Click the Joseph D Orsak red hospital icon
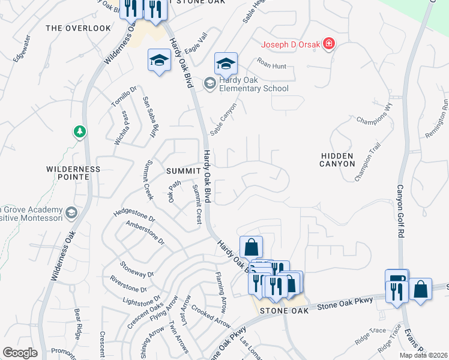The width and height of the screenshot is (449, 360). click(328, 44)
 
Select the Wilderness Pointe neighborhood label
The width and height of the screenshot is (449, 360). click(73, 173)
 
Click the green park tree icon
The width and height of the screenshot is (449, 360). click(79, 131)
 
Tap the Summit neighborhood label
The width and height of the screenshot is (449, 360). click(183, 171)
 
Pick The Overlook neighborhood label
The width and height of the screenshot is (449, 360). click(78, 28)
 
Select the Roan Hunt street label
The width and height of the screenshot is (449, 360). click(271, 66)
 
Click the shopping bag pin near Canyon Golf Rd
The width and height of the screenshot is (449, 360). click(422, 289)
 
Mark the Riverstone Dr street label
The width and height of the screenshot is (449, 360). click(128, 284)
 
